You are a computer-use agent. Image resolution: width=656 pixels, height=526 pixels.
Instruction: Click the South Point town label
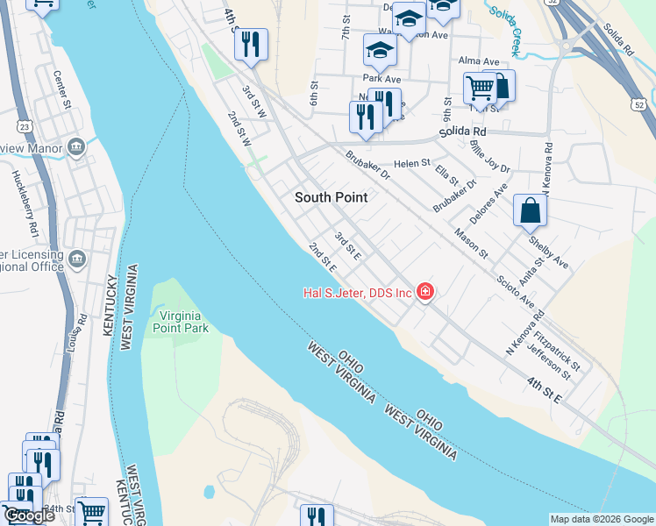[x=331, y=197]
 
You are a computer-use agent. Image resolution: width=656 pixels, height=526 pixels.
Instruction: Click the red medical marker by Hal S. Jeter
[x=425, y=291]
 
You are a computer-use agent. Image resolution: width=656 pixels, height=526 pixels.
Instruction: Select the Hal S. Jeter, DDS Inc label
[x=357, y=292]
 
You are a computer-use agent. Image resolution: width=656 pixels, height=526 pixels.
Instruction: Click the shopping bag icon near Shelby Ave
[x=530, y=211]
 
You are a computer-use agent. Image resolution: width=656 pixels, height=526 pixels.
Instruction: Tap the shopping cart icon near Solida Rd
[x=480, y=88]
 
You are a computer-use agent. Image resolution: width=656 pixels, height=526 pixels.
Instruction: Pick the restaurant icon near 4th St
[x=251, y=45]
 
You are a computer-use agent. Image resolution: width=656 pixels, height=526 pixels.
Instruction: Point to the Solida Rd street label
[x=462, y=131]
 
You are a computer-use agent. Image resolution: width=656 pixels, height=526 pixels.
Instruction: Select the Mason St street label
[x=471, y=243]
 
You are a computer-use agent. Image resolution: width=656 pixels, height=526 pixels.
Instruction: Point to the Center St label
[x=61, y=91]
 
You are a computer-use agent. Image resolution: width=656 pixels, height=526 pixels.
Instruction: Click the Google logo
[x=28, y=515]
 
